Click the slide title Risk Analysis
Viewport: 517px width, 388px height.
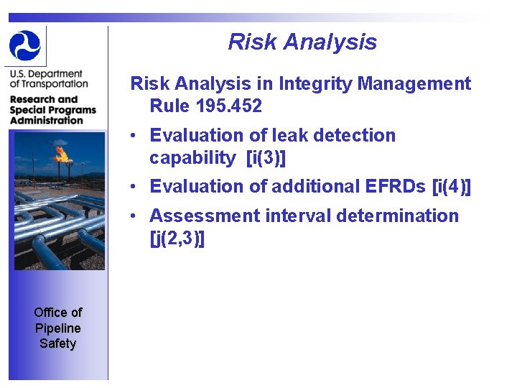coord(302,42)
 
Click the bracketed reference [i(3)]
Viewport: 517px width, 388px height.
coord(271,157)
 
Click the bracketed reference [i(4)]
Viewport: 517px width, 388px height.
coord(452,186)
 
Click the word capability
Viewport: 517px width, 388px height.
coord(192,157)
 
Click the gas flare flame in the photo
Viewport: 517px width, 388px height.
coord(62,153)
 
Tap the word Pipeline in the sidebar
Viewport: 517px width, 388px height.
coord(57,328)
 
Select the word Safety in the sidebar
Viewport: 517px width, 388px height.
coord(57,343)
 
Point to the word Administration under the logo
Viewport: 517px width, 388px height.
coord(47,120)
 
